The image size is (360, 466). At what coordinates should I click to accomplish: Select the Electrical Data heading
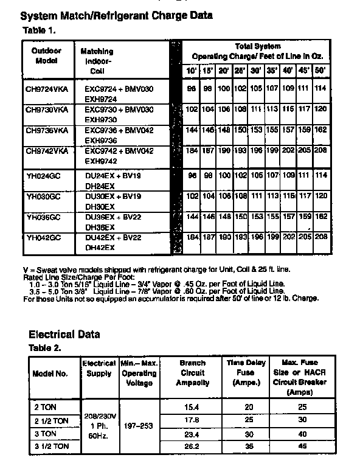tap(64, 334)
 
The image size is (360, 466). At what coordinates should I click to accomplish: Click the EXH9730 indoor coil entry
tap(100, 120)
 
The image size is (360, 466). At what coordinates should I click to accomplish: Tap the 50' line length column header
tap(320, 71)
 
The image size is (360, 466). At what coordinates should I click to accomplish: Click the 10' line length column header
tap(192, 71)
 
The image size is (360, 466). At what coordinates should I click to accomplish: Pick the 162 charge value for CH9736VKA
tap(321, 130)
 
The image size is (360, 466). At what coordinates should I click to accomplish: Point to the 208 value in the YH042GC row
tap(321, 237)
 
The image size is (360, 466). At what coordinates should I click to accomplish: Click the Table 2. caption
tap(46, 348)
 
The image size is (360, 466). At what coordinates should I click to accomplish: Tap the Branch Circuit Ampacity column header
tap(192, 373)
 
